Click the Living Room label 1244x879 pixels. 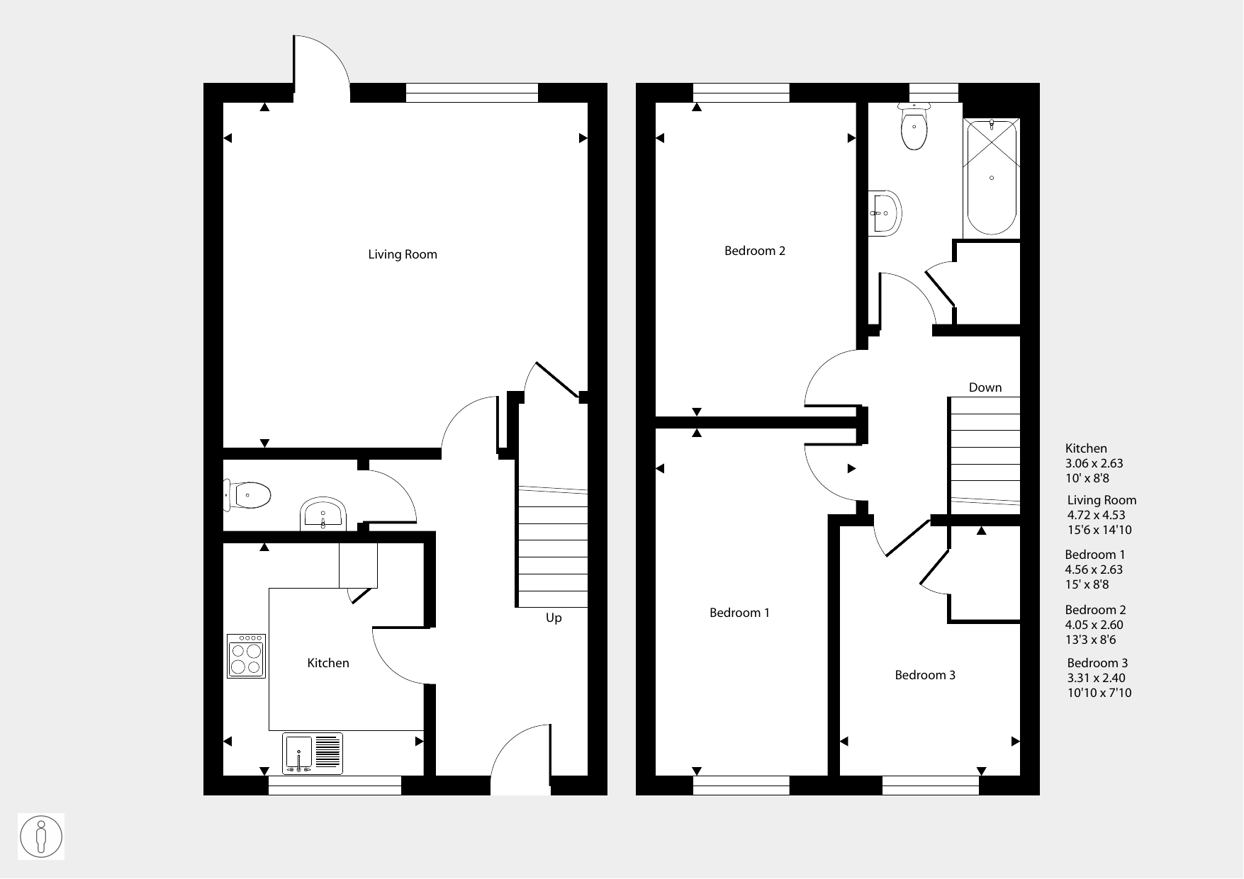tap(402, 254)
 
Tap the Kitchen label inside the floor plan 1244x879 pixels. tap(327, 663)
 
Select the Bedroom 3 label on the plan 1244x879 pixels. tap(925, 675)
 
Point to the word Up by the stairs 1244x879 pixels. tap(554, 618)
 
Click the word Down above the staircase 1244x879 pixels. tap(985, 387)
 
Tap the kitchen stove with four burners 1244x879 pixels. tap(246, 656)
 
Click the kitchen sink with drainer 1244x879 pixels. tap(313, 753)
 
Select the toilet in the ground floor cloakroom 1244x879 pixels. tap(247, 494)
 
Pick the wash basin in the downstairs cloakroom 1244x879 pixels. tap(323, 514)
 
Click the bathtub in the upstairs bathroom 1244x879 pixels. tap(992, 176)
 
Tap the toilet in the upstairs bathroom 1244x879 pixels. tap(914, 127)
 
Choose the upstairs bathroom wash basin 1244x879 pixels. tap(885, 212)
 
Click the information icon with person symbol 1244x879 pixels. tap(41, 837)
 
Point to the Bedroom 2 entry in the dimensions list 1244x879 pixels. tap(1095, 610)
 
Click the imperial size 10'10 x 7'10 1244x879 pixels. tap(1099, 693)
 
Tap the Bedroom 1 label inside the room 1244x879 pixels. tap(739, 613)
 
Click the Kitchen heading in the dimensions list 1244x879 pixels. tap(1086, 448)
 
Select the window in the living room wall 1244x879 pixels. tap(472, 93)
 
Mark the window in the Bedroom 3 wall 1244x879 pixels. tap(931, 786)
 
